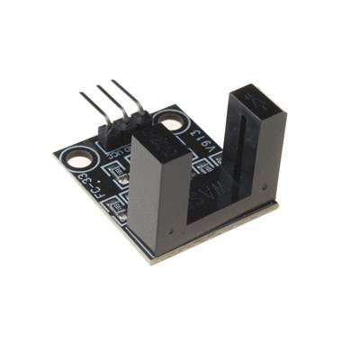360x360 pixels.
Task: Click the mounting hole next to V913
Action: [x=169, y=120]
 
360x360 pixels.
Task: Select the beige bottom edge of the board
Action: [x=216, y=236]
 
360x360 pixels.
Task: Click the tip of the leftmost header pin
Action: [x=82, y=94]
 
